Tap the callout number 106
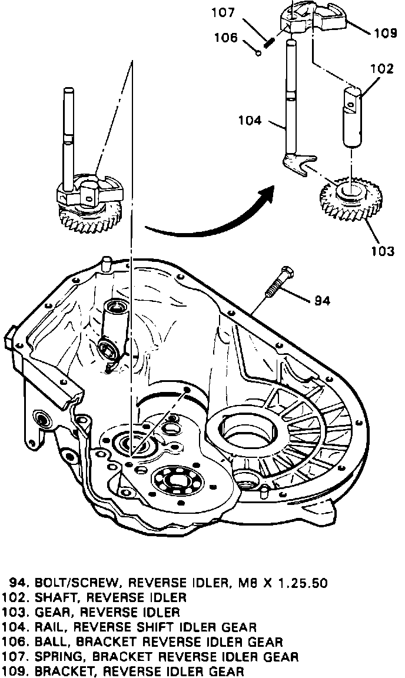pos(227,38)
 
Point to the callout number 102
pos(381,69)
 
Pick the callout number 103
pos(382,251)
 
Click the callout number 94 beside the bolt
pos(322,301)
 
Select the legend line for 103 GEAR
pos(94,612)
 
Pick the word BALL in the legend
pos(47,642)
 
